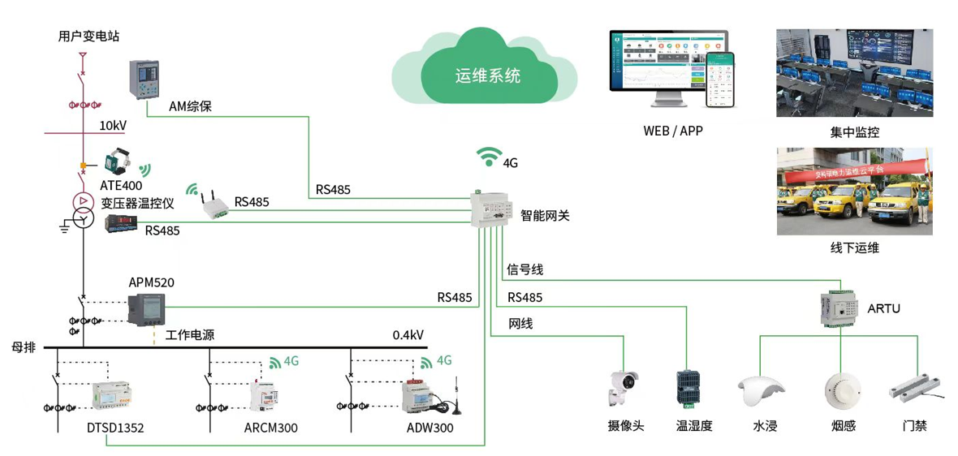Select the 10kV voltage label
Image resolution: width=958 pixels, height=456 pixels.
(x=113, y=126)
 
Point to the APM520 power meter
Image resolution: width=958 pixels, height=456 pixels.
(x=147, y=309)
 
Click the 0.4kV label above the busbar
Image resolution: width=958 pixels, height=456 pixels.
(x=408, y=335)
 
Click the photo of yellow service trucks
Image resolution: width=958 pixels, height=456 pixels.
(x=854, y=191)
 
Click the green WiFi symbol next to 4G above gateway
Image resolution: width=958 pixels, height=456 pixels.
(x=489, y=156)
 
